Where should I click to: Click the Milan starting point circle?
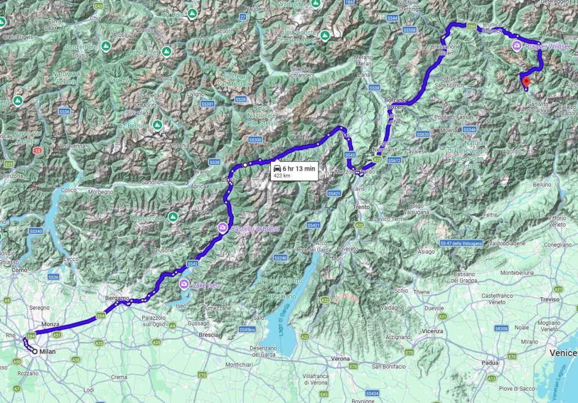(x=35, y=352)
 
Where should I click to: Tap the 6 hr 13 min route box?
(x=294, y=171)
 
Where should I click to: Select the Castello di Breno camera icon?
(x=222, y=228)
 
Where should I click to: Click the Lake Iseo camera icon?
(x=183, y=284)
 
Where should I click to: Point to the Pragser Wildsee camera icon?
(x=516, y=46)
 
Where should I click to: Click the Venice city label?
(x=562, y=352)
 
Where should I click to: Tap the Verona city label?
(x=340, y=358)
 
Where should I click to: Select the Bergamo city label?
(x=117, y=298)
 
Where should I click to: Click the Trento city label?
(x=361, y=207)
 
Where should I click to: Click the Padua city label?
(x=491, y=362)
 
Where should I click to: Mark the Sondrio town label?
(x=151, y=183)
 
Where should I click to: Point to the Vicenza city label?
(x=431, y=331)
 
